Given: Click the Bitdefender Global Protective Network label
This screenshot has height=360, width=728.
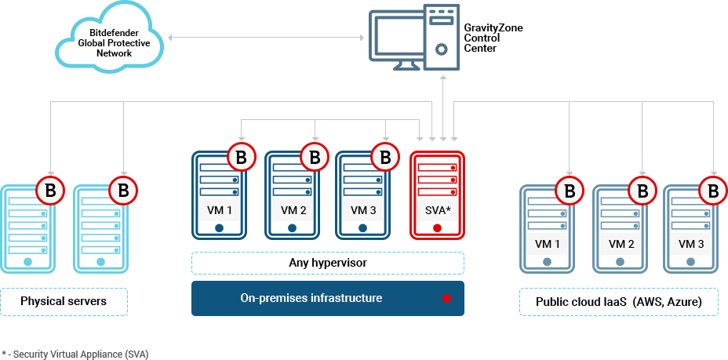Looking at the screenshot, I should [113, 45].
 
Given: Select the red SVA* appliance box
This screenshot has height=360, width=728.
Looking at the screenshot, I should [437, 195].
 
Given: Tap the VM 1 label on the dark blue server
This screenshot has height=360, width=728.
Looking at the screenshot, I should [219, 210].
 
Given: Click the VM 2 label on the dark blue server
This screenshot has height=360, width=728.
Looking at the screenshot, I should [293, 210].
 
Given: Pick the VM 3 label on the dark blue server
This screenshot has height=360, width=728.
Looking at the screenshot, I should [362, 210].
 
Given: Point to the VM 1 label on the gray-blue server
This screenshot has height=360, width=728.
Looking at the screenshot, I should [547, 244].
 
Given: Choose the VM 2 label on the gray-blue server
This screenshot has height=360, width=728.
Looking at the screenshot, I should [621, 244].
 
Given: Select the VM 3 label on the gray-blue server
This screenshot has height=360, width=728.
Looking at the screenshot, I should [690, 244].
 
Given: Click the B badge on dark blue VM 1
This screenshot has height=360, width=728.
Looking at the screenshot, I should [241, 158].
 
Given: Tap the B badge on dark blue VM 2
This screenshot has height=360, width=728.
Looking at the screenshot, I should [315, 158].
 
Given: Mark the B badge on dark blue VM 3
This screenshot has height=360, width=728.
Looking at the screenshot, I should [385, 158].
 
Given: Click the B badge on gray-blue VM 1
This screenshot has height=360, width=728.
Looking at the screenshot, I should [570, 191].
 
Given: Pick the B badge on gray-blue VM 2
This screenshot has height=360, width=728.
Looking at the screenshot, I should [642, 191].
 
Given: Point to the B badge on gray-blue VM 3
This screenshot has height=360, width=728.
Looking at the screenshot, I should [713, 191].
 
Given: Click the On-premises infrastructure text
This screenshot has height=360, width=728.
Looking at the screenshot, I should [311, 298].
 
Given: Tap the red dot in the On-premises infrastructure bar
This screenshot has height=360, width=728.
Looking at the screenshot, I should [446, 299].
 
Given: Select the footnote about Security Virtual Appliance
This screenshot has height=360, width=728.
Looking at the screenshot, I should [75, 354].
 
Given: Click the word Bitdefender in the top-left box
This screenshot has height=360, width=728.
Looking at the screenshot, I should [113, 35].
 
